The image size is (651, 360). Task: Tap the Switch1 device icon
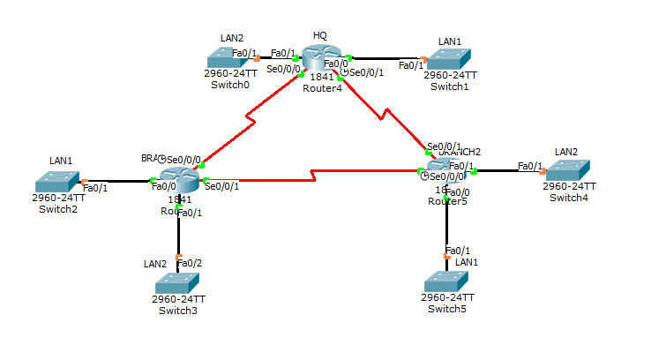tap(448, 59)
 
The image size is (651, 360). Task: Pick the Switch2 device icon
tap(58, 182)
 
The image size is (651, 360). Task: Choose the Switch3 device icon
tap(179, 282)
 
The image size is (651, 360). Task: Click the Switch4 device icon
tap(568, 170)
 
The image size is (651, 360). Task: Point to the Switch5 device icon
tap(447, 281)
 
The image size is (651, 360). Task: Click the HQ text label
tap(319, 35)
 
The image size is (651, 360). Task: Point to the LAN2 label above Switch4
tap(565, 152)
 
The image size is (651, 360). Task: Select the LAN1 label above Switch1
tap(450, 41)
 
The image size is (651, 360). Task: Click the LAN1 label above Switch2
tap(57, 161)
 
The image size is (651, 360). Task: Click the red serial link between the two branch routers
tap(313, 179)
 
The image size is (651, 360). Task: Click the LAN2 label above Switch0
tap(231, 38)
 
